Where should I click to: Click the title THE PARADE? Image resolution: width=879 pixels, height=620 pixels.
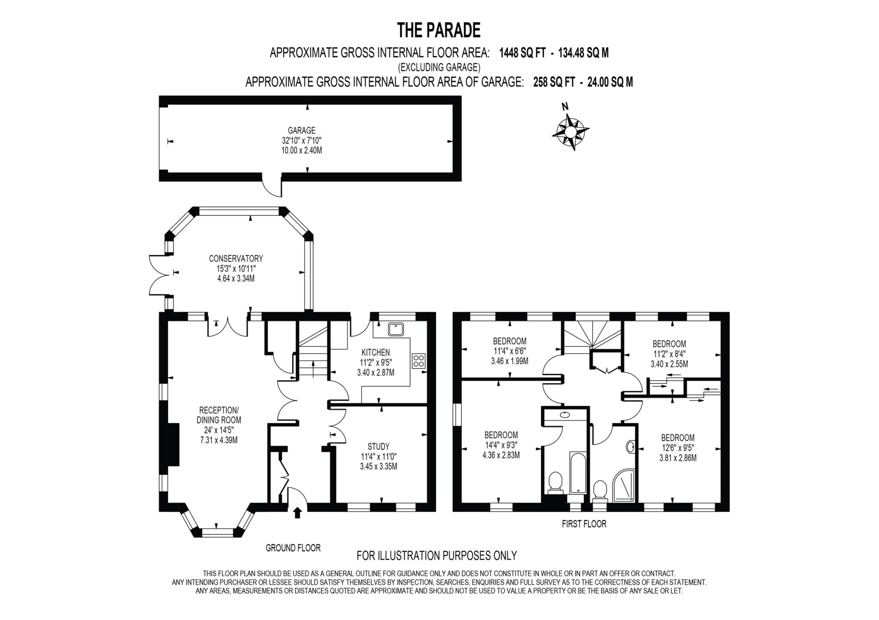(438, 30)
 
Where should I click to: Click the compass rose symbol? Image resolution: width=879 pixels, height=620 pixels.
(570, 132)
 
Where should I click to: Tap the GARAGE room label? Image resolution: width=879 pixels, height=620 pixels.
(301, 130)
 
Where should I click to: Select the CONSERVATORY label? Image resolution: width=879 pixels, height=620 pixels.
(236, 259)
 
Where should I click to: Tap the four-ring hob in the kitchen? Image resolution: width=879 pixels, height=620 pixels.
(418, 361)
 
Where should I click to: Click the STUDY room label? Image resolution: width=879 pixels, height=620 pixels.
(379, 446)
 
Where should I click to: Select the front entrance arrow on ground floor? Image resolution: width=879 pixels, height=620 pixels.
(297, 512)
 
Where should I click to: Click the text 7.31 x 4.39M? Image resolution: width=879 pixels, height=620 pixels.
(218, 440)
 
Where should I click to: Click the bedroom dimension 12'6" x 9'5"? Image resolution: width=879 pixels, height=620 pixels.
(678, 448)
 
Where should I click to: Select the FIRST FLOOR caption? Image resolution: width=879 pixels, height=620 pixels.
(584, 524)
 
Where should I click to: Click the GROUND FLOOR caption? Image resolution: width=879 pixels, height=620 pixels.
(293, 548)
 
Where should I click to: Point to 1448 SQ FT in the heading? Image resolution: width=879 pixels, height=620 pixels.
(522, 53)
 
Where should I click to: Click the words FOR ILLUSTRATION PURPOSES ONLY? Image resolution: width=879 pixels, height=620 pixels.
(436, 556)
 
